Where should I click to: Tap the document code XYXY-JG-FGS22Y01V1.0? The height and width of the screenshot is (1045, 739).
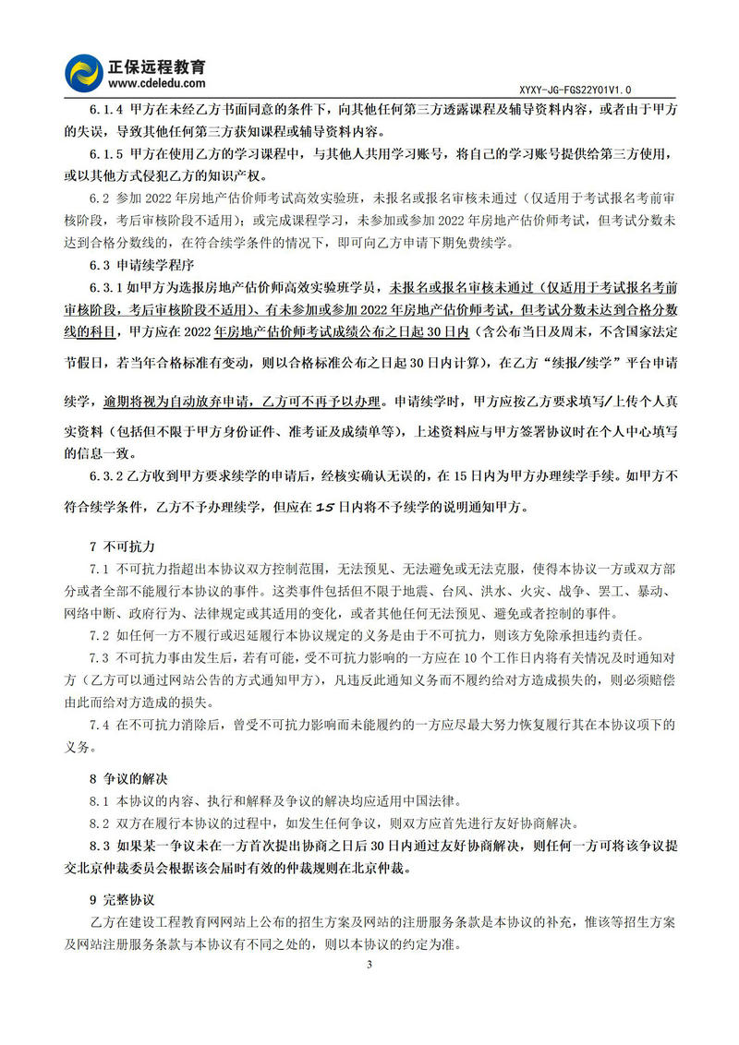(x=577, y=90)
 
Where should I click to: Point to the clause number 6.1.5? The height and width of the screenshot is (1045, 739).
(x=106, y=154)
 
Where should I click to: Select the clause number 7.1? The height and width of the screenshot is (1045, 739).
(x=100, y=570)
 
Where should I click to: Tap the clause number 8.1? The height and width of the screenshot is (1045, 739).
(x=100, y=800)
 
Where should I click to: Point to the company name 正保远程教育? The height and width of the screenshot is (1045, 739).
(x=160, y=66)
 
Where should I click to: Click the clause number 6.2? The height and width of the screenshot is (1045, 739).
(x=100, y=198)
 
